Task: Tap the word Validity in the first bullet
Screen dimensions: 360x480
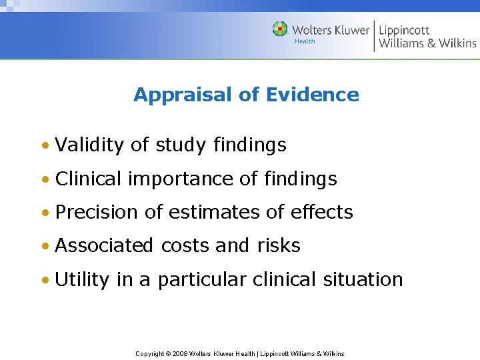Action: (x=91, y=145)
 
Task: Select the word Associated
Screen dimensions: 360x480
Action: (x=104, y=245)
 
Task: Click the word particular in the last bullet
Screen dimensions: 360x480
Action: (x=209, y=279)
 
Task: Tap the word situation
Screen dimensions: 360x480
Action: (x=363, y=279)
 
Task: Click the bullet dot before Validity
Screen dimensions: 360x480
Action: (x=44, y=145)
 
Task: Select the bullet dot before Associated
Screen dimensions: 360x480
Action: (x=44, y=246)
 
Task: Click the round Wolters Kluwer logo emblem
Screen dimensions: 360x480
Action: (x=280, y=29)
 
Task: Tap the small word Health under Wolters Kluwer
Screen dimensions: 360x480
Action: (x=305, y=41)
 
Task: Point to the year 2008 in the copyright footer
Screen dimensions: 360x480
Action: (x=179, y=353)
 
